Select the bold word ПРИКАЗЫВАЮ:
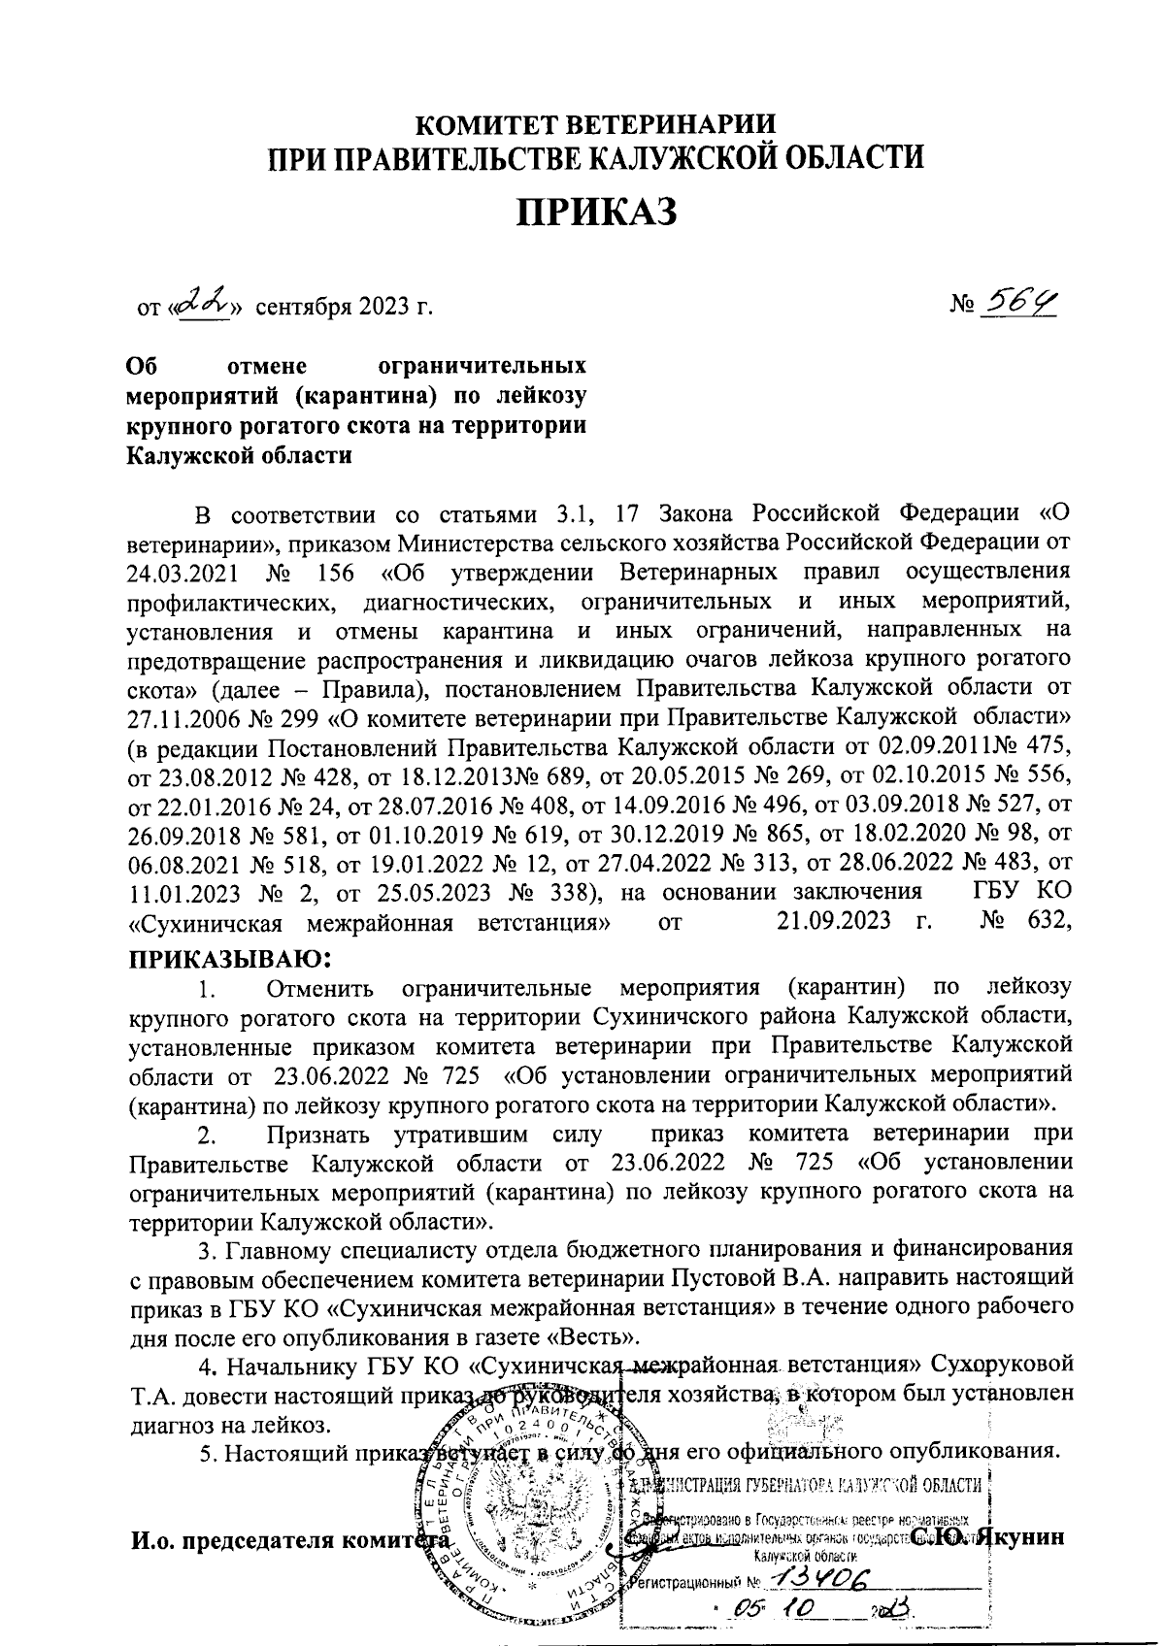pos(231,960)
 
